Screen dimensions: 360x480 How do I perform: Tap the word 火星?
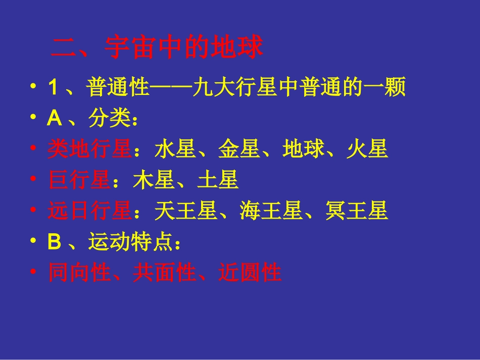(x=367, y=150)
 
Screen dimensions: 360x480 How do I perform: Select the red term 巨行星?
(x=79, y=181)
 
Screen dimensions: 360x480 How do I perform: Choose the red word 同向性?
(x=79, y=273)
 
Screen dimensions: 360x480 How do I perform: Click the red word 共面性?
(x=164, y=273)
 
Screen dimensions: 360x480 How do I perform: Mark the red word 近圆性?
(x=250, y=273)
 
